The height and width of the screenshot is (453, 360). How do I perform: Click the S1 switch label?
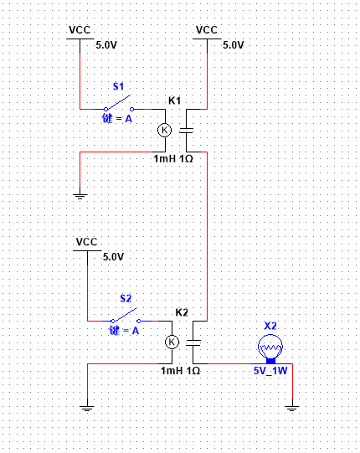coord(118,86)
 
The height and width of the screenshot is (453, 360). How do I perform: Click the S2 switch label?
coord(126,298)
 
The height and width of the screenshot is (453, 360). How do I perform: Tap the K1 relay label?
coord(174,100)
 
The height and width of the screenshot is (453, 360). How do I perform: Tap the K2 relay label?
coord(182,312)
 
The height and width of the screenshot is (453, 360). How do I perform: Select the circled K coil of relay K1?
coord(165,130)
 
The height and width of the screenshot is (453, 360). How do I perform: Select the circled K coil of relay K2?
coord(172,342)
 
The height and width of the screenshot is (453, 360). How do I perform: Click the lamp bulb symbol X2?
coord(270,348)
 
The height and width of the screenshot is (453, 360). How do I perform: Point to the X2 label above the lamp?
coord(270,326)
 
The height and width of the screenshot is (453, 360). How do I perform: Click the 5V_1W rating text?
coord(270,371)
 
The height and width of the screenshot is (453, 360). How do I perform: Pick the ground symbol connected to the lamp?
coord(292,409)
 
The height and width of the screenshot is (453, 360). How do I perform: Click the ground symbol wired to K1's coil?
coord(80,197)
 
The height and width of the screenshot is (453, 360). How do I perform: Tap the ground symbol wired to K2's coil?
coord(87,409)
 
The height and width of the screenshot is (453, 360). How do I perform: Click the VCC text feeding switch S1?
coord(80,30)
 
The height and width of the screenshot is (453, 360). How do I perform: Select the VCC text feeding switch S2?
coord(87,241)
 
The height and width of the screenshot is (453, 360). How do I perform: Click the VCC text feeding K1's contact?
coord(207,30)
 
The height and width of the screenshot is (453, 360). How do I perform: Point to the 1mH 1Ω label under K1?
coord(173,158)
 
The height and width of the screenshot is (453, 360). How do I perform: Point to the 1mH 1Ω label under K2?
coord(181,370)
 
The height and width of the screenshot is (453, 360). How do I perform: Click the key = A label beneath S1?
coord(117,118)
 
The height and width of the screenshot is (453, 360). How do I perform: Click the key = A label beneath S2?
coord(124,330)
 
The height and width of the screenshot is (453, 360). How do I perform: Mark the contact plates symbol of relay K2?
coord(193,342)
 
